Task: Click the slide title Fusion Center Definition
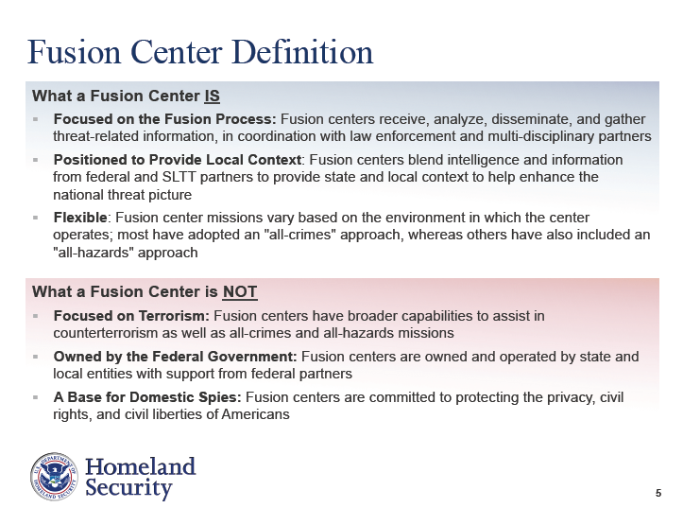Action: (200, 52)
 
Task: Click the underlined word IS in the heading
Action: (213, 96)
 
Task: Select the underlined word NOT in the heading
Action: (240, 291)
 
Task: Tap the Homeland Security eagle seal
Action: (54, 476)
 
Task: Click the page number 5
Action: (658, 493)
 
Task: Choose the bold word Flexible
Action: (80, 218)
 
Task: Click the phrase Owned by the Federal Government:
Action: (175, 357)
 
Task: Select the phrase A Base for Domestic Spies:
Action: (147, 397)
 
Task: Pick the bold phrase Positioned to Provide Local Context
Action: (178, 160)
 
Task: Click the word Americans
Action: (255, 414)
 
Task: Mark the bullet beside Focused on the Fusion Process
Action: (35, 119)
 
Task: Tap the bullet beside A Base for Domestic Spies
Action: (35, 397)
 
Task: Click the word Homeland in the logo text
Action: (140, 466)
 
